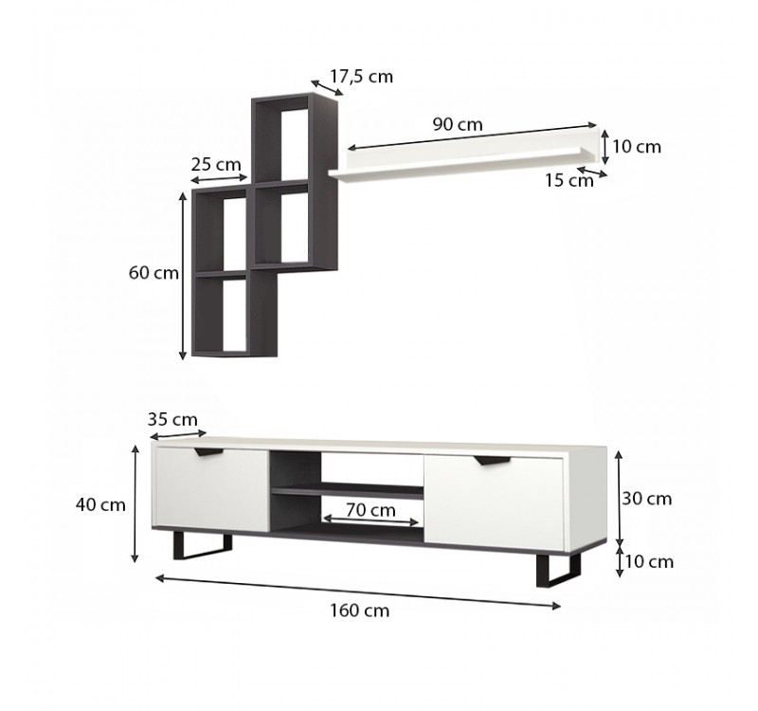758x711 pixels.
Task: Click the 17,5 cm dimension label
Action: pos(361,77)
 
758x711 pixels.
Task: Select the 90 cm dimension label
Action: pos(458,124)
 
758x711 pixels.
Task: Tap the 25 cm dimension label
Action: pos(216,163)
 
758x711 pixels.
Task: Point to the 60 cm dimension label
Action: pos(154,273)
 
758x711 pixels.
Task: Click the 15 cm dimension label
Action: pos(569,180)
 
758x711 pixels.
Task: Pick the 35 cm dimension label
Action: pos(172,419)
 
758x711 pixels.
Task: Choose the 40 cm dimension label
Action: pos(100,504)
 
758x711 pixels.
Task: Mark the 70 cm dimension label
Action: pos(370,509)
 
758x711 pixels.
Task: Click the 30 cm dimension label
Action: pos(648,499)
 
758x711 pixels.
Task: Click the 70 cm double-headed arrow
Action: pos(371,521)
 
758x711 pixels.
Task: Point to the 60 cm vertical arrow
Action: pos(183,273)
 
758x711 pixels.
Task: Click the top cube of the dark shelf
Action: pos(282,137)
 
